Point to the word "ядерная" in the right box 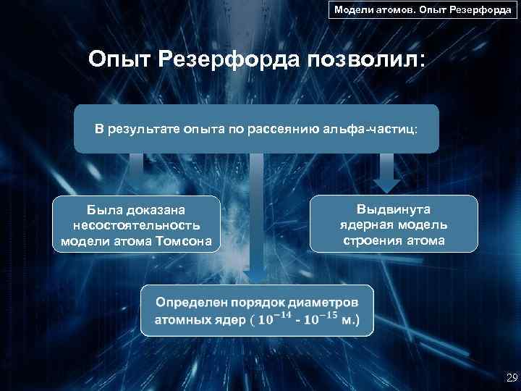(x=369, y=224)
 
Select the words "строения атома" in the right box (x=394, y=240)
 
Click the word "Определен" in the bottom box (x=189, y=300)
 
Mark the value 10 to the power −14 (x=276, y=319)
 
